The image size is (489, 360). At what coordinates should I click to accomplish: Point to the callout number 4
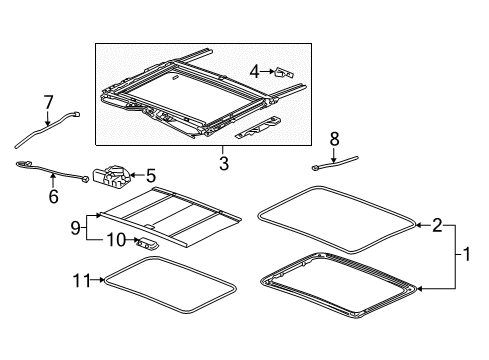click(x=255, y=70)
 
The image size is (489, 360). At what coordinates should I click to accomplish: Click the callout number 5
click(x=151, y=174)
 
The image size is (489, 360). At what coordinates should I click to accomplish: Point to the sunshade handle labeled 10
click(x=148, y=241)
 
